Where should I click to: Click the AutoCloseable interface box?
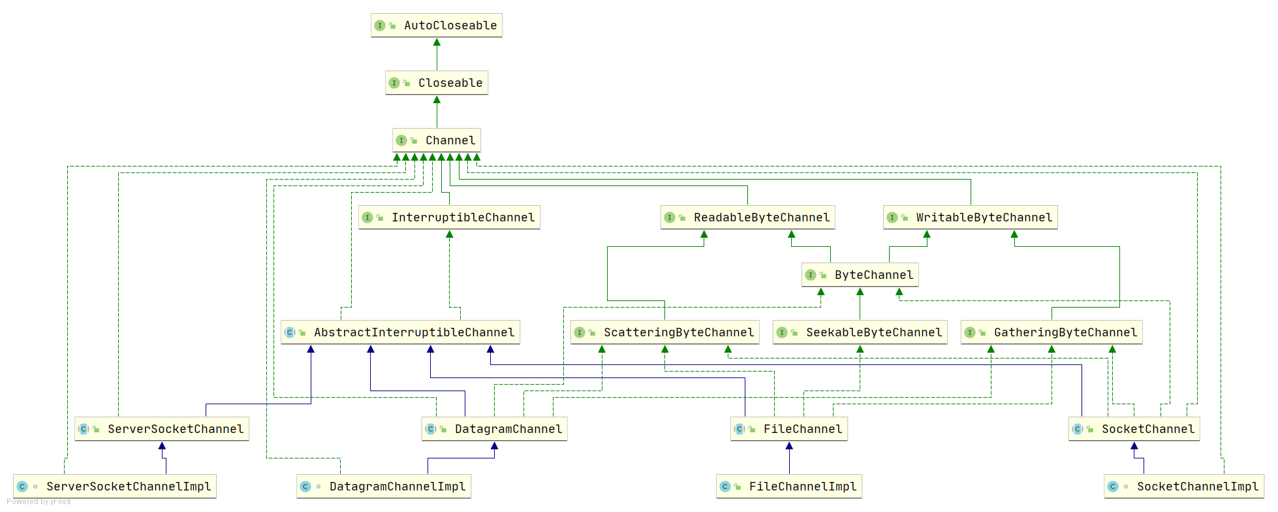(x=437, y=25)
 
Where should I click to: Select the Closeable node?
(x=437, y=83)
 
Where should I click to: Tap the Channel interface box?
(x=437, y=140)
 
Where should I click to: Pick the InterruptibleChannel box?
(x=449, y=217)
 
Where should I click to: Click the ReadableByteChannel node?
(x=748, y=217)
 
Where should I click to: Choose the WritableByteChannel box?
(x=971, y=217)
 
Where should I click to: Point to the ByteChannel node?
(x=860, y=275)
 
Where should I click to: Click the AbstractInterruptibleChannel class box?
(x=401, y=332)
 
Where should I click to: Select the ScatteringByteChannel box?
(x=665, y=332)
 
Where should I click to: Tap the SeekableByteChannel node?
(x=860, y=332)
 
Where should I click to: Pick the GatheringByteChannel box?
(x=1052, y=332)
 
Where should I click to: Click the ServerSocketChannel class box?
(x=162, y=429)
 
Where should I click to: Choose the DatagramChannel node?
(x=495, y=429)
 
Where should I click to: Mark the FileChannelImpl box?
(x=789, y=487)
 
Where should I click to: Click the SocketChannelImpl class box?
(x=1184, y=487)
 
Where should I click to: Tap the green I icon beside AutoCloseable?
(x=380, y=25)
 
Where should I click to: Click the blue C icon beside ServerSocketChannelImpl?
(x=22, y=487)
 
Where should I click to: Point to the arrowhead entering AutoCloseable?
(x=437, y=42)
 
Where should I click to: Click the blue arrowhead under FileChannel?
(x=789, y=445)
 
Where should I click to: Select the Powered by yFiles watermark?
(x=39, y=502)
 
